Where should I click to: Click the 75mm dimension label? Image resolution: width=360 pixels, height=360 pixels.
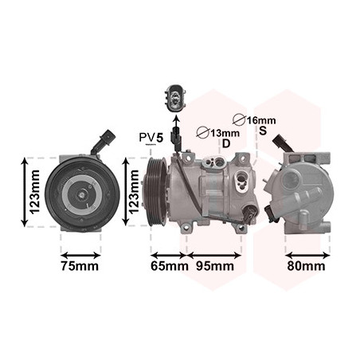[x=80, y=266]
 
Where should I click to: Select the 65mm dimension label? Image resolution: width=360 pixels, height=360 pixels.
[x=170, y=266]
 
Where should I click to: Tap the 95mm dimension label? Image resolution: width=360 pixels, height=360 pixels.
[x=215, y=266]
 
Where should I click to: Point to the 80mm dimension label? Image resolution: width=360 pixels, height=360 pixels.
[x=306, y=266]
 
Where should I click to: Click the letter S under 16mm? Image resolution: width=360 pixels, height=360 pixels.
[x=263, y=131]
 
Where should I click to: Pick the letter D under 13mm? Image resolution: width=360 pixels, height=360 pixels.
[x=226, y=143]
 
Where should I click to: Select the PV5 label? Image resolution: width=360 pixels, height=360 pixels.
[x=151, y=138]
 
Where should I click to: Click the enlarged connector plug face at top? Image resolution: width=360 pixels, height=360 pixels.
[x=175, y=99]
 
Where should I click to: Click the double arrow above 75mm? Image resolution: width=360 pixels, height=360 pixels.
[x=80, y=256]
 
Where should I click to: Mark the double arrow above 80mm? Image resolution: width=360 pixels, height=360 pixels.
[x=307, y=256]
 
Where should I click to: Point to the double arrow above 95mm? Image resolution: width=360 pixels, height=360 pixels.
[x=214, y=256]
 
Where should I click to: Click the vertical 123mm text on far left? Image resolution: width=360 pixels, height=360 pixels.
[x=35, y=192]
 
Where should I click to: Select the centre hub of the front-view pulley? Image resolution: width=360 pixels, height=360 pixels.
[x=81, y=194]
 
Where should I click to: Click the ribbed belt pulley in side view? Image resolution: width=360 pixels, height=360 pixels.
[x=157, y=192]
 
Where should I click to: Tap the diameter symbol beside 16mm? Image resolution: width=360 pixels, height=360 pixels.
[x=239, y=119]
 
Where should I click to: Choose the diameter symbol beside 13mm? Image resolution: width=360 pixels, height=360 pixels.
[x=203, y=132]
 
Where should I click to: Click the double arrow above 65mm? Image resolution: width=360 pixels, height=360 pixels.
[x=169, y=256]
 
